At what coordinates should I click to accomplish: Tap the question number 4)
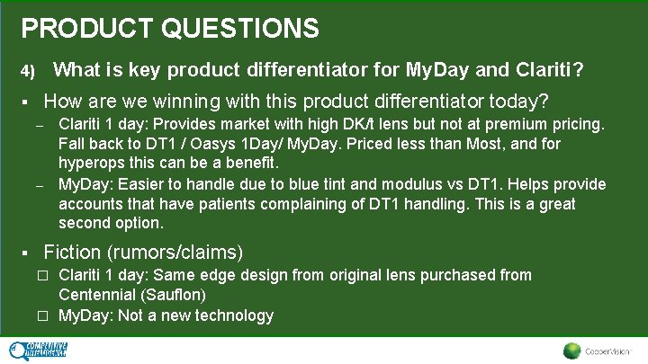pos(28,71)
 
